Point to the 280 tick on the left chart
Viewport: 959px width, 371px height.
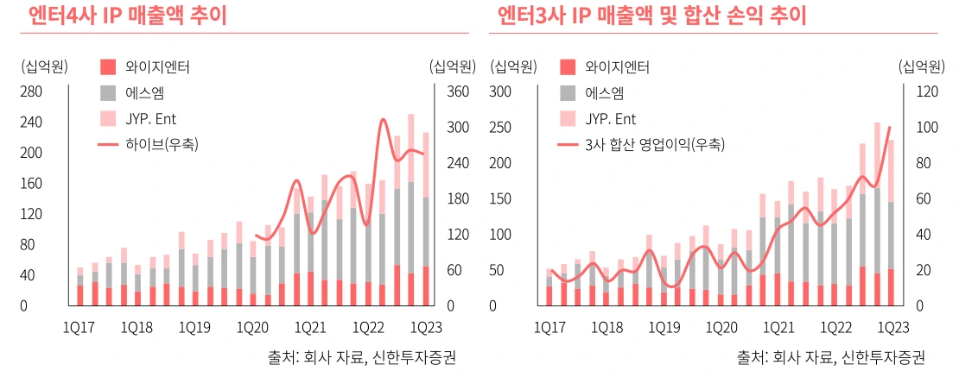pyautogui.click(x=30, y=91)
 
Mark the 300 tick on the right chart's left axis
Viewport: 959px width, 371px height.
pyautogui.click(x=505, y=91)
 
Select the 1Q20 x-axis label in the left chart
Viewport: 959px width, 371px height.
pyautogui.click(x=252, y=328)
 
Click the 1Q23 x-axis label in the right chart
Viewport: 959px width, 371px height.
pyautogui.click(x=892, y=328)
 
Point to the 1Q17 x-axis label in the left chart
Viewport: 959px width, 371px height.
pyautogui.click(x=79, y=328)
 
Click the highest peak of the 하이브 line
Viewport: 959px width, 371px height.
pyautogui.click(x=383, y=119)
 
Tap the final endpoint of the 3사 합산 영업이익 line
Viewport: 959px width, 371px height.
pyautogui.click(x=890, y=127)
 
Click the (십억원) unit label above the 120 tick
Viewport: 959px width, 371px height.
pyautogui.click(x=921, y=66)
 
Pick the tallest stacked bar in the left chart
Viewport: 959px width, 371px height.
pyautogui.click(x=411, y=210)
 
